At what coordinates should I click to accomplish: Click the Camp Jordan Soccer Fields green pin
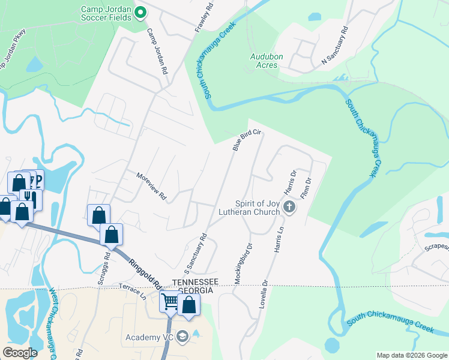point(140,12)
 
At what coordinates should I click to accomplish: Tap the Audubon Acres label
point(264,61)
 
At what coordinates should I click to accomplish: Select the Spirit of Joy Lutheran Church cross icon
point(289,208)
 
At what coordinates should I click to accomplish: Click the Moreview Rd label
point(151,187)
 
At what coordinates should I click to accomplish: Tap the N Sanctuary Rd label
point(334,45)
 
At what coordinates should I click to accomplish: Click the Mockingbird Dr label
point(241,262)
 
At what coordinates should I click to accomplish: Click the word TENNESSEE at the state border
point(193,282)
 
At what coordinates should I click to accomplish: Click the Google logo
point(20,353)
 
